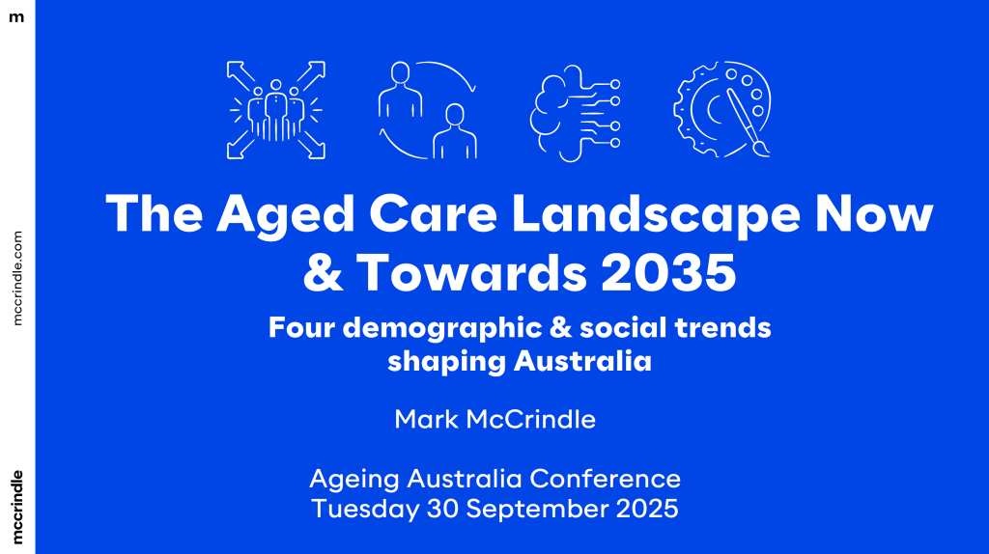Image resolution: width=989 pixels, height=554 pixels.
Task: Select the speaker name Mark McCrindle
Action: (x=494, y=419)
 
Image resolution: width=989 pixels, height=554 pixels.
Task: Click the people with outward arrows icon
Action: (x=275, y=110)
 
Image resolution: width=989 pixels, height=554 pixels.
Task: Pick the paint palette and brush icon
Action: (x=723, y=110)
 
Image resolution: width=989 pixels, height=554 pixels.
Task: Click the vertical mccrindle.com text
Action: (x=17, y=277)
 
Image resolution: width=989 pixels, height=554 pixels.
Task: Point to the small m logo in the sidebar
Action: (x=16, y=16)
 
